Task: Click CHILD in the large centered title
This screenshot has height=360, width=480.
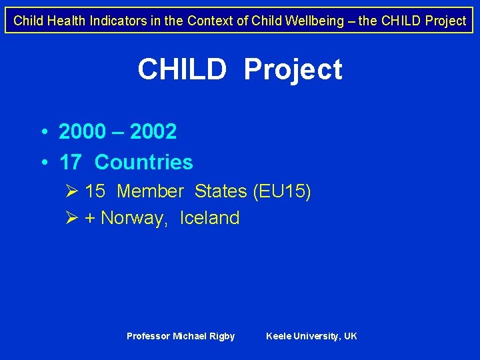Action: [x=182, y=69]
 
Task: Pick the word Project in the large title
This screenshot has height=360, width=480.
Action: [x=293, y=69]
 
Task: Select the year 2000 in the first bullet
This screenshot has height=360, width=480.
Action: [x=82, y=132]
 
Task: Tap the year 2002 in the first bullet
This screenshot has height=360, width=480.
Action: [x=153, y=132]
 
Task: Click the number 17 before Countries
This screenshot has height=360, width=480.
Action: [x=71, y=162]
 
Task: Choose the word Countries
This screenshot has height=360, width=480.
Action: [x=144, y=162]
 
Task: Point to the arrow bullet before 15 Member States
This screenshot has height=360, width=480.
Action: [x=73, y=192]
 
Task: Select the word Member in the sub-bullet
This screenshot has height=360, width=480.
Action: [x=149, y=192]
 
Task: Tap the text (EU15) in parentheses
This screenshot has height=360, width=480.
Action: [x=281, y=192]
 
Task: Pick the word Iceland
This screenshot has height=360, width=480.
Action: [x=209, y=218]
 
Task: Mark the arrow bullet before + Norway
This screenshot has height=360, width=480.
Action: [x=73, y=218]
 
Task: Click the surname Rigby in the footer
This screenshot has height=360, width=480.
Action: [x=222, y=336]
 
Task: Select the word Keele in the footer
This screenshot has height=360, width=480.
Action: [x=279, y=336]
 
